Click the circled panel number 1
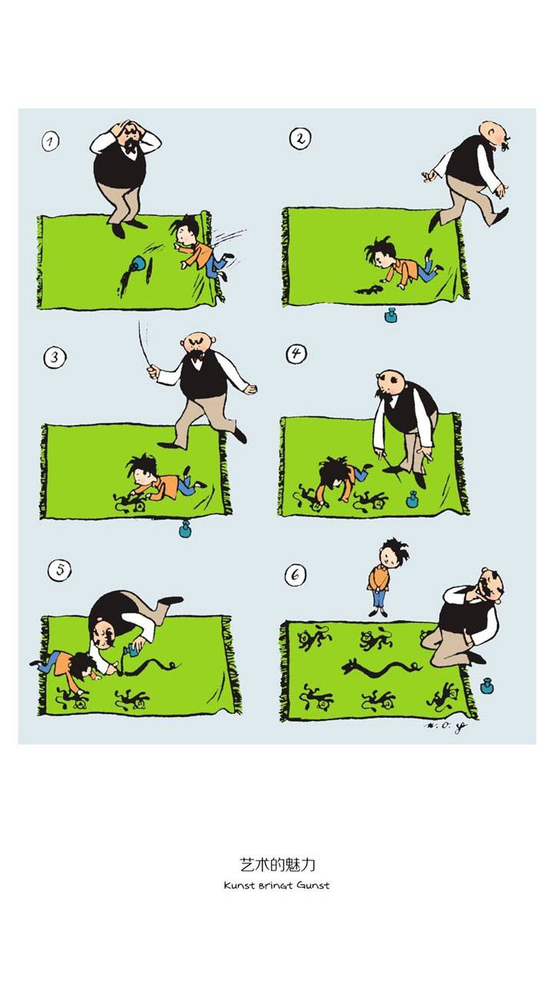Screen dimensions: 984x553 click(x=51, y=141)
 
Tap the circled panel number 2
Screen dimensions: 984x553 click(x=300, y=139)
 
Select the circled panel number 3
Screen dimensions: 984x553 click(x=53, y=357)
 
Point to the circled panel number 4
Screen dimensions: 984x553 click(x=296, y=354)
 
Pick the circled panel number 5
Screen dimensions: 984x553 click(x=59, y=570)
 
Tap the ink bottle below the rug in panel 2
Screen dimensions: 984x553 click(x=390, y=314)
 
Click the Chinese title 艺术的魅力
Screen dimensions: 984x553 click(x=277, y=865)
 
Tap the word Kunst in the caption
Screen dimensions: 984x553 click(x=240, y=885)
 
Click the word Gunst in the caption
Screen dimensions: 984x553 click(x=313, y=885)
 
